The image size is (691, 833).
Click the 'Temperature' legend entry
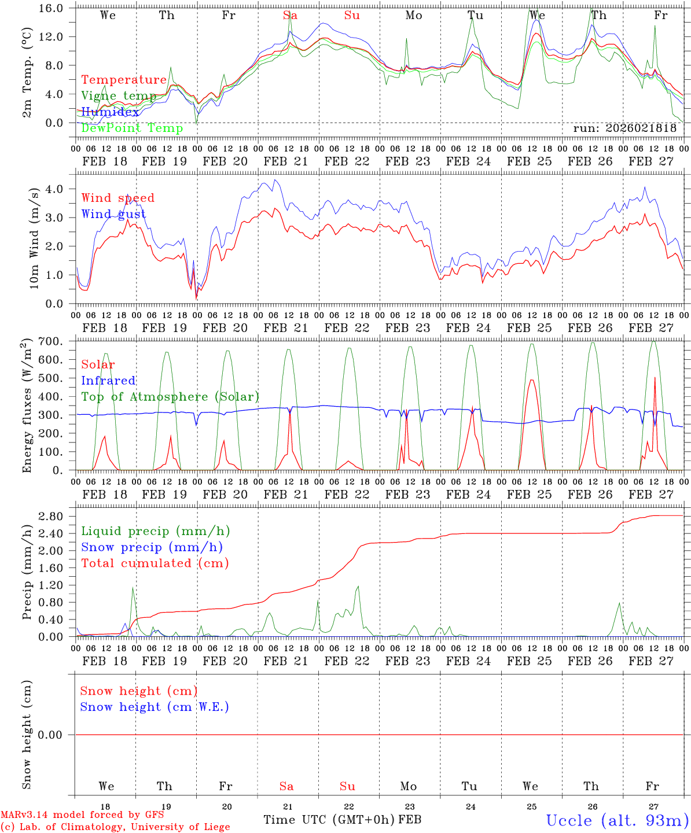coord(124,80)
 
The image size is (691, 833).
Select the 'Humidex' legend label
coord(110,112)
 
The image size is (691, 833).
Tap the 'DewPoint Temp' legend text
coord(132,128)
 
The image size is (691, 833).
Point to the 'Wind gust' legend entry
coord(113,214)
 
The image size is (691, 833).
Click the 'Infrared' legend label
coord(108,381)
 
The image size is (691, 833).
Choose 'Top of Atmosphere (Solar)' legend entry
coord(170,397)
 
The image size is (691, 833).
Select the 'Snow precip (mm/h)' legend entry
coord(152,547)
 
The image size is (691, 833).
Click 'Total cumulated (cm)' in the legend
coord(155,563)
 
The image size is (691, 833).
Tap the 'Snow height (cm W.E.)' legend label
coord(155,707)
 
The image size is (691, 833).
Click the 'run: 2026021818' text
coord(624,128)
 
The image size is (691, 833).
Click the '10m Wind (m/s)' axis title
coord(34,238)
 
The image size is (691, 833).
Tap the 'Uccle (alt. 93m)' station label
coord(618,820)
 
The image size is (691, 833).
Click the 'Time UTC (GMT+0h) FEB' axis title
coord(342,820)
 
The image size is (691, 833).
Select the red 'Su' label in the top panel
coord(352,16)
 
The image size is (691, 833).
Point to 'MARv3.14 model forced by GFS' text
coord(82,815)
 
